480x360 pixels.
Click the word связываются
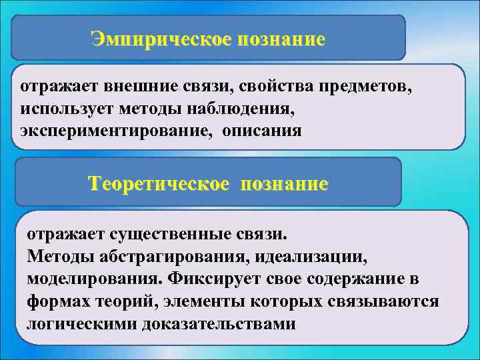pyautogui.click(x=383, y=301)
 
